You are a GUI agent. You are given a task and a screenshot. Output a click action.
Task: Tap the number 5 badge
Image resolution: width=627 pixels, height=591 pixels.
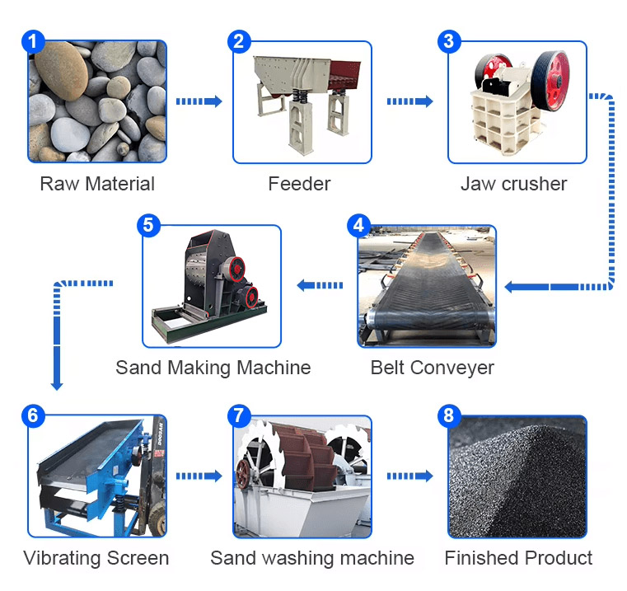pos(147,226)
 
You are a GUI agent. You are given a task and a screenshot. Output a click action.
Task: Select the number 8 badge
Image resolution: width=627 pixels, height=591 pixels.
pos(448,415)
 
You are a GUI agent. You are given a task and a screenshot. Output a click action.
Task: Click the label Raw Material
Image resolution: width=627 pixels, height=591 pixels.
pos(97,184)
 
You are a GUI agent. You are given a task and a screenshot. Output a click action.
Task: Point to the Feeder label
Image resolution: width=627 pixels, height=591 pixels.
pos(299,184)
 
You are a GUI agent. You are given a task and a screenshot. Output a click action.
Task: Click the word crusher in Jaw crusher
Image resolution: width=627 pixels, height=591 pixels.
pos(536,184)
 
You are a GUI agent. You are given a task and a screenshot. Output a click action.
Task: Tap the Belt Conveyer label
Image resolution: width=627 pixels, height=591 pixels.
pos(432,368)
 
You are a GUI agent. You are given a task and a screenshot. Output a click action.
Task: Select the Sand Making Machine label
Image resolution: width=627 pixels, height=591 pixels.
pos(213,368)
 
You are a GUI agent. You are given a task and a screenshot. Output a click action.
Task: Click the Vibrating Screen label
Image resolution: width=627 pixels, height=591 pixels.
pos(96,558)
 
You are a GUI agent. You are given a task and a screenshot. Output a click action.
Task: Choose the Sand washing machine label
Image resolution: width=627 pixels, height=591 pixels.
pos(311,558)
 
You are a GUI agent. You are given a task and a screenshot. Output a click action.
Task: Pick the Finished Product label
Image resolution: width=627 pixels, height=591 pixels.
pos(518,558)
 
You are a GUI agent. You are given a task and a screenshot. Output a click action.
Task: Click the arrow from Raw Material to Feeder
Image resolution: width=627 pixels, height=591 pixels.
pos(199,101)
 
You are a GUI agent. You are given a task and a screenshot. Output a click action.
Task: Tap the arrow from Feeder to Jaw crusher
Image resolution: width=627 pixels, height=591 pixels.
pos(410,101)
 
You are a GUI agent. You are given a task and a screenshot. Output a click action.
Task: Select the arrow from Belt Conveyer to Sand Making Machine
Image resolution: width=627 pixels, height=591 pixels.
pos(320,285)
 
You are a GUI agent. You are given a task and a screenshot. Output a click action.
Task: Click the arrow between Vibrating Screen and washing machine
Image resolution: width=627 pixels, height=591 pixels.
pos(199,476)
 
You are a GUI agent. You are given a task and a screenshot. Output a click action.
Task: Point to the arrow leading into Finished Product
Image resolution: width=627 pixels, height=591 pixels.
pos(410,476)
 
